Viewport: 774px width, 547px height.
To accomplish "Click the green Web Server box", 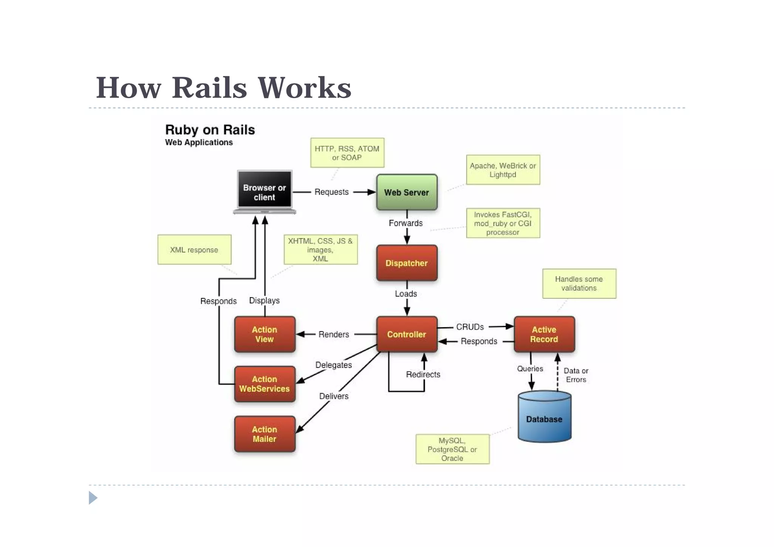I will [407, 192].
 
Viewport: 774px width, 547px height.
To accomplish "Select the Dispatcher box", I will [407, 263].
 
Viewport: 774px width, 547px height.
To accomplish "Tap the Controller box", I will [407, 334].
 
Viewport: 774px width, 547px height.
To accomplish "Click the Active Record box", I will [544, 334].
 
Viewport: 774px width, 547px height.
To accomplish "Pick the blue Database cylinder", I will [544, 419].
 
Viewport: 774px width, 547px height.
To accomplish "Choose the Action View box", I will [265, 334].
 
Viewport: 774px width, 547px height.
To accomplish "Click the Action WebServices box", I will [265, 384].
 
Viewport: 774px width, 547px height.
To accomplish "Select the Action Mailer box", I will [265, 434].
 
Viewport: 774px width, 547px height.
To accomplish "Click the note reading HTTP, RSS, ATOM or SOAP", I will [347, 153].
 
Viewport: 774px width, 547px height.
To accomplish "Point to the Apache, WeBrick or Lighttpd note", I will [503, 170].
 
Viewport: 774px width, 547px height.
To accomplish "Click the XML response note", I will [194, 249].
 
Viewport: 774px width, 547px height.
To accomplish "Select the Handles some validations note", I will [579, 284].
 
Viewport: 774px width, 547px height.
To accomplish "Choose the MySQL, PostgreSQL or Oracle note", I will [452, 449].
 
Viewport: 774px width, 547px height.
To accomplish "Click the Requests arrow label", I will [331, 192].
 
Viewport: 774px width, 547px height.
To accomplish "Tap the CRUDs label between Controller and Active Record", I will [470, 327].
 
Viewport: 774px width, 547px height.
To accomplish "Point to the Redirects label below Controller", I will [423, 374].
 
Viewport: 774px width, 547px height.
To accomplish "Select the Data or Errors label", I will [576, 375].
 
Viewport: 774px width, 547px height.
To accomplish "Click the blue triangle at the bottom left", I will [93, 497].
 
